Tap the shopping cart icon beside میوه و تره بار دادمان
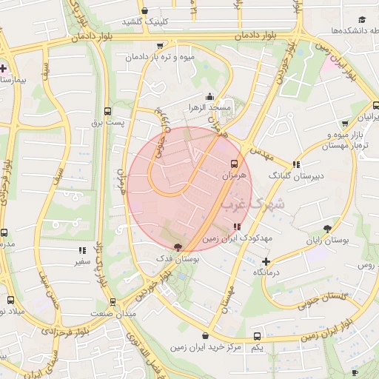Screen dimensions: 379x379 tap(160, 46)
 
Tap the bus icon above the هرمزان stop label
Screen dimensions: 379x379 tap(235, 164)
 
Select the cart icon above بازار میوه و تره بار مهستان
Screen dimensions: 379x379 tap(345, 124)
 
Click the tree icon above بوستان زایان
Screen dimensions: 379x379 tap(328, 229)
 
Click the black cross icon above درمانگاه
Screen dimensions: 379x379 tap(266, 261)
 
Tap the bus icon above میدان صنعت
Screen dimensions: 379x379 tap(113, 302)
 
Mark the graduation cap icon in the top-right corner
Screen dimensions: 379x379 tap(362, 20)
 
